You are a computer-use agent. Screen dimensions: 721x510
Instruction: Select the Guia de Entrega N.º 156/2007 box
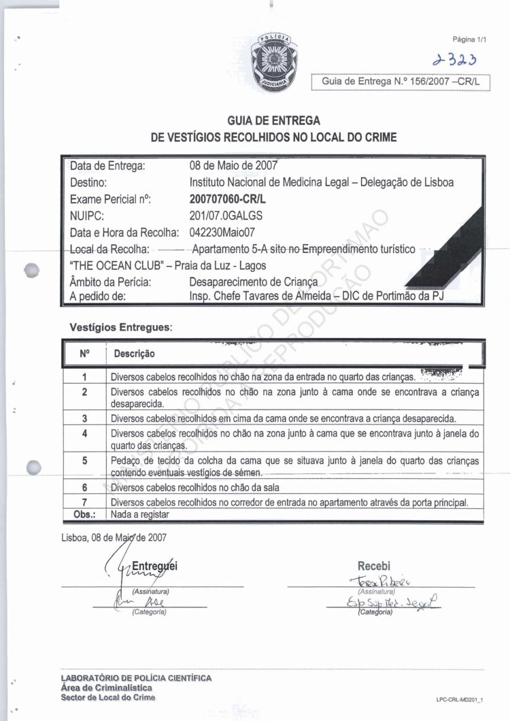click(x=401, y=81)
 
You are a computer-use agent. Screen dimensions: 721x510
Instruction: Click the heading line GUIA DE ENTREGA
click(x=273, y=120)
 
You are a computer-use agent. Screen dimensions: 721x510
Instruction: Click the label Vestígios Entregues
click(x=121, y=327)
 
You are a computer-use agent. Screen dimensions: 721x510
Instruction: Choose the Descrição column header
click(x=134, y=354)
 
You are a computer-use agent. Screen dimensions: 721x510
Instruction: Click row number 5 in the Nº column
click(x=85, y=460)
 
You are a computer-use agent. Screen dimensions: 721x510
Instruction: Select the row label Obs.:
click(x=84, y=514)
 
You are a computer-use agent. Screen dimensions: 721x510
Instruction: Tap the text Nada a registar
click(x=139, y=514)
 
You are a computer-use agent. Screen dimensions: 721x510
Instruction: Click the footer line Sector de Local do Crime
click(x=107, y=697)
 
